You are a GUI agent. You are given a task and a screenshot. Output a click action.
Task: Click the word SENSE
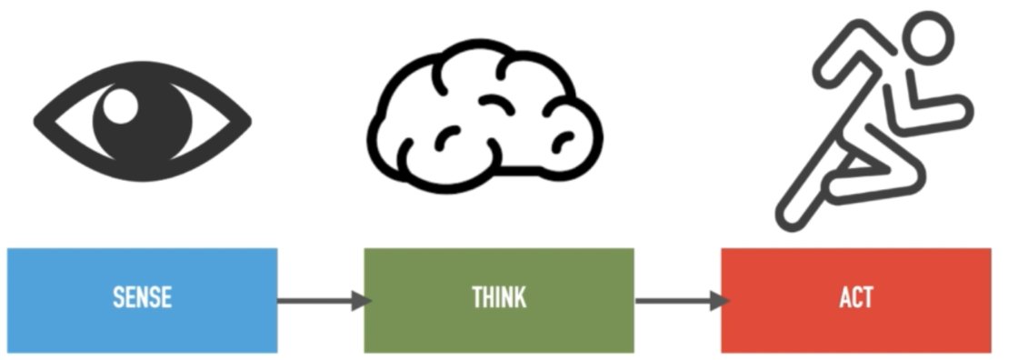click(x=143, y=299)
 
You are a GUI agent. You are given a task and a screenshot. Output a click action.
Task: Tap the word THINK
click(x=499, y=299)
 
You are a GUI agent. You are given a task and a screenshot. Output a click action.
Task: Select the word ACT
click(x=856, y=299)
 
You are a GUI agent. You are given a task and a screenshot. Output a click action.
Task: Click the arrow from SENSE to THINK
click(x=318, y=300)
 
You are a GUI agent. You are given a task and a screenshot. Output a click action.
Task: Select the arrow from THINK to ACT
click(x=677, y=300)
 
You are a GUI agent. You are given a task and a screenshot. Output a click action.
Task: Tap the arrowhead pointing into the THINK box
click(x=363, y=300)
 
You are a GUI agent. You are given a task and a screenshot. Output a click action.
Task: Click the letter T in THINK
click(x=477, y=299)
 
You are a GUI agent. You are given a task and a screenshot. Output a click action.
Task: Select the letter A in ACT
click(x=844, y=299)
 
